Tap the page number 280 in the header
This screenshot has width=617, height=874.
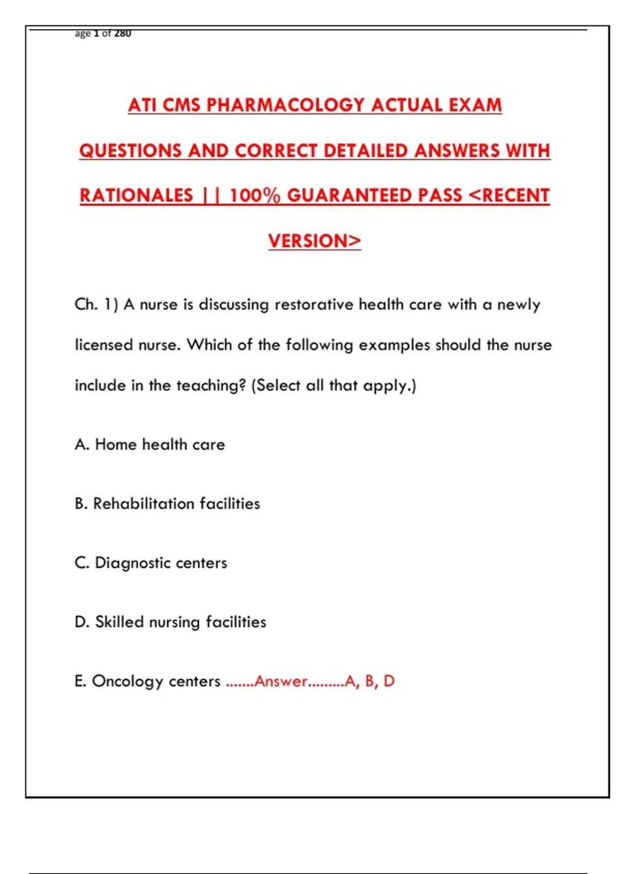tap(122, 33)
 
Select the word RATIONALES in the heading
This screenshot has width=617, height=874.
tap(136, 195)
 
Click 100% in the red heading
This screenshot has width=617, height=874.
tap(255, 195)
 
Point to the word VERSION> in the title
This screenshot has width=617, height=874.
tap(315, 241)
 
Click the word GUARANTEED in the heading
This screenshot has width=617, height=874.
tap(349, 195)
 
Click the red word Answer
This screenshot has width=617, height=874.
tap(281, 681)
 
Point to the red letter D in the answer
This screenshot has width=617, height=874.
tap(389, 681)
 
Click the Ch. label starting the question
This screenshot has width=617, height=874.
tap(86, 304)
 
